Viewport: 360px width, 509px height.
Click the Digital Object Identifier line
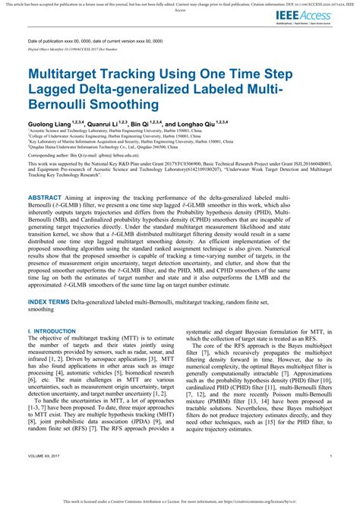point(73,47)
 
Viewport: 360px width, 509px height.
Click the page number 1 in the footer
point(331,476)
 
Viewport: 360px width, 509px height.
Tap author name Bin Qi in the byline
point(142,123)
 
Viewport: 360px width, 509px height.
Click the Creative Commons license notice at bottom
point(180,502)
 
